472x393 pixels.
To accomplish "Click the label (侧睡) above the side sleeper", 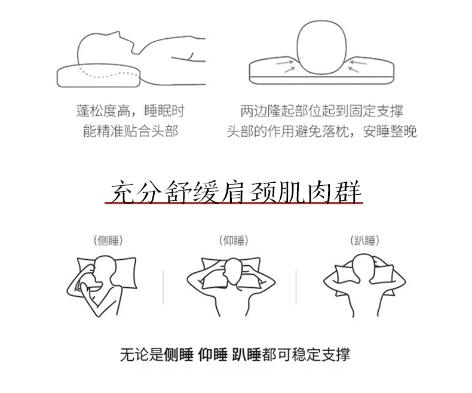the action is [108, 241].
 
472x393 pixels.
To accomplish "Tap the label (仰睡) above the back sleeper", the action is [234, 241].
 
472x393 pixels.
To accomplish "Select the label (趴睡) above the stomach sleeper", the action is [364, 241].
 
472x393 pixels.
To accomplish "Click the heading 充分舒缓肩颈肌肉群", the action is [235, 192].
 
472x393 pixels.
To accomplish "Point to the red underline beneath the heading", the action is [234, 204].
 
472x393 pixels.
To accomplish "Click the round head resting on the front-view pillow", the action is [321, 47].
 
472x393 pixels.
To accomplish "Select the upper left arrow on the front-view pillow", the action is [285, 63].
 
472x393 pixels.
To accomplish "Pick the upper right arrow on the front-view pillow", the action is [358, 63].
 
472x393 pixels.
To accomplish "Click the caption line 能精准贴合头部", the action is [131, 131].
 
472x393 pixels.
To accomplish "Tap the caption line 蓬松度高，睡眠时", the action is [130, 110].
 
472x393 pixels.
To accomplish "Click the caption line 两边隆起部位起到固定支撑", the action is [321, 110].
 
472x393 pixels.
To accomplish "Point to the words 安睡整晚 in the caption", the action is [390, 131].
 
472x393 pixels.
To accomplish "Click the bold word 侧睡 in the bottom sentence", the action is [179, 355].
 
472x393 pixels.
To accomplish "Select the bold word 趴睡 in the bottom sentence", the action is [247, 355].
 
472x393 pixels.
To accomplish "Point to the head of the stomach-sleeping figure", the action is [363, 267].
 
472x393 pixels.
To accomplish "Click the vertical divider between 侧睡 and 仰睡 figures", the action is [163, 287].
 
